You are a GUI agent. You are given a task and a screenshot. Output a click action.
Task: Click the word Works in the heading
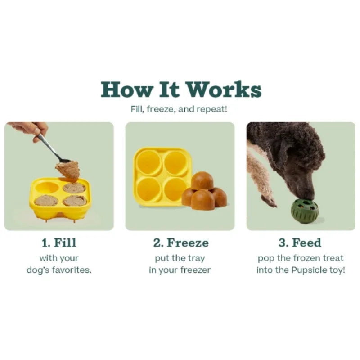[x=223, y=89]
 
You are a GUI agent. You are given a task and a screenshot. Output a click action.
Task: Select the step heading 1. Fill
[x=59, y=243]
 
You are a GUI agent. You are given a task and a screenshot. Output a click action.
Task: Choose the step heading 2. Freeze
[x=181, y=243]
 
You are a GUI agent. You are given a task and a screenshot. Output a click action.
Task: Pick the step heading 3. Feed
[x=300, y=243]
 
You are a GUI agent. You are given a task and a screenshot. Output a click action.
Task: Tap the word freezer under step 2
[x=195, y=270]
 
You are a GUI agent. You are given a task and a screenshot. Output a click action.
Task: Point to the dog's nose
[x=310, y=197]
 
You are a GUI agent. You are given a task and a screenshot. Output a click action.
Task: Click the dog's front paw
[x=269, y=200]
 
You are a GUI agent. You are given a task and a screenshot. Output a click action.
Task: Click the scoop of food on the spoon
[x=68, y=170]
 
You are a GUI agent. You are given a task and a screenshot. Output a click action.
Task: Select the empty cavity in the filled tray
[x=47, y=188]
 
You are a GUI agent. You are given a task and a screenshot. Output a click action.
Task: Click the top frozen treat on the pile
[x=202, y=180]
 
